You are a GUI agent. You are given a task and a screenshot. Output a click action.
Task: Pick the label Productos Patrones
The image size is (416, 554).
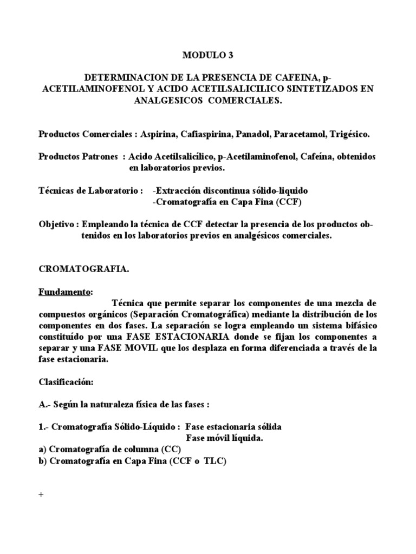[78, 156]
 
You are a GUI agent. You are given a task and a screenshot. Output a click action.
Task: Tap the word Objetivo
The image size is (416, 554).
[56, 225]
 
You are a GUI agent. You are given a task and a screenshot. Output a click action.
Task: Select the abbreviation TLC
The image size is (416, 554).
[213, 461]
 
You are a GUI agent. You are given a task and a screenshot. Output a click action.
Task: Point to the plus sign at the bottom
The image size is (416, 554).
[41, 496]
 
